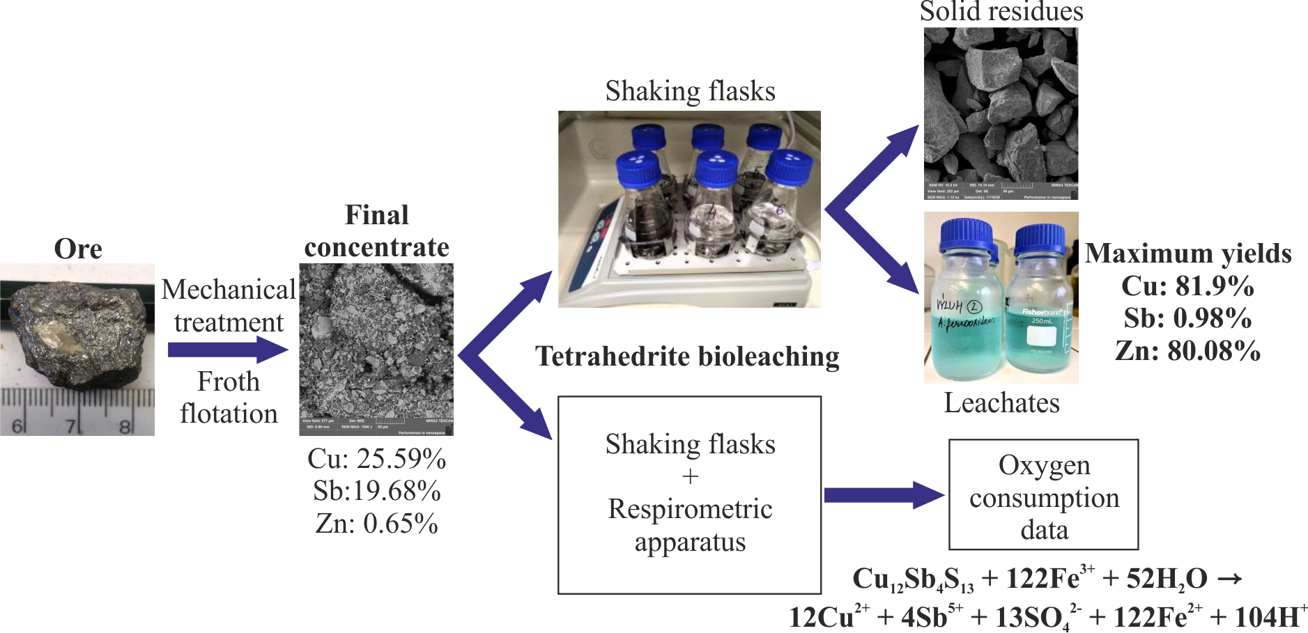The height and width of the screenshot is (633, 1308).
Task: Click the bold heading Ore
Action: click(78, 249)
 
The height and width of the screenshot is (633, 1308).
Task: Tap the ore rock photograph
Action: click(77, 348)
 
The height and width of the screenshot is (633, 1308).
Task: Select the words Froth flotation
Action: click(229, 398)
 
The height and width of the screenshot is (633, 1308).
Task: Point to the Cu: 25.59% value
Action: click(376, 459)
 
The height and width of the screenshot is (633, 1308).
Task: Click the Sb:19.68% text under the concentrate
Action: click(376, 491)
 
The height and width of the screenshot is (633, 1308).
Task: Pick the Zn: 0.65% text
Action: click(376, 524)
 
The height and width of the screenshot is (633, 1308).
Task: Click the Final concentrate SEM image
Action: click(376, 349)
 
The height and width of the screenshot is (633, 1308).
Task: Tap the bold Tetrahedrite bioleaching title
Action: click(687, 357)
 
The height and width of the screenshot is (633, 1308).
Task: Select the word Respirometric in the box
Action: click(690, 509)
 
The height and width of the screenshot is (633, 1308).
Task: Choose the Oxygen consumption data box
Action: click(1043, 495)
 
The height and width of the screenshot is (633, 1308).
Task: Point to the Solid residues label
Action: click(1001, 12)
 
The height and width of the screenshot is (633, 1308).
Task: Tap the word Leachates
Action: click(1001, 403)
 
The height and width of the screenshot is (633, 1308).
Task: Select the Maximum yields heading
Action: click(1188, 253)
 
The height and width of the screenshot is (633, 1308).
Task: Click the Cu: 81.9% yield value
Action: click(1187, 286)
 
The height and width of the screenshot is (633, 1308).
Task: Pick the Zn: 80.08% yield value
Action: click(1187, 350)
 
